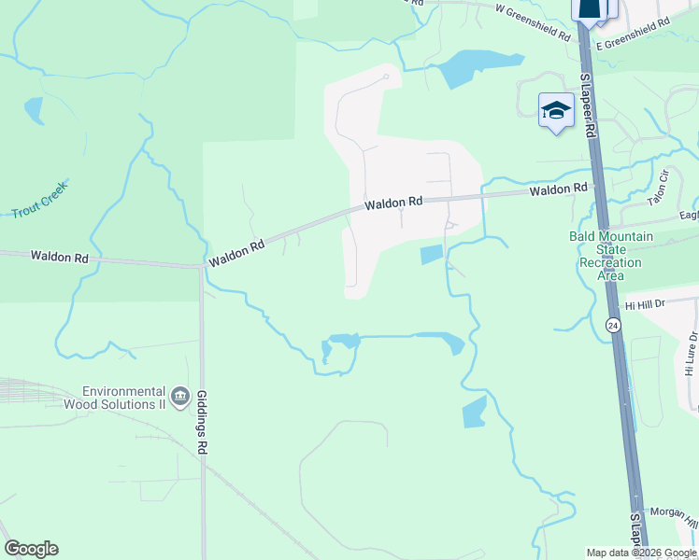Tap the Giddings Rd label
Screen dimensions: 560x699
(201, 422)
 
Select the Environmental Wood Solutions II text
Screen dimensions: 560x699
(123, 398)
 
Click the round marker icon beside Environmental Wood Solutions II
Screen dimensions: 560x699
(180, 397)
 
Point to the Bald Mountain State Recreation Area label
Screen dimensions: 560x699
(610, 256)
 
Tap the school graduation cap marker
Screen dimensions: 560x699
(556, 111)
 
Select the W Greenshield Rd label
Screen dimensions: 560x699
(532, 21)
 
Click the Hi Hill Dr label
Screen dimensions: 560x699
(645, 304)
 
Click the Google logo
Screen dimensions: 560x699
(31, 549)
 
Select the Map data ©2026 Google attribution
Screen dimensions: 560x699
(641, 553)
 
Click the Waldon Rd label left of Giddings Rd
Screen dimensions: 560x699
(59, 256)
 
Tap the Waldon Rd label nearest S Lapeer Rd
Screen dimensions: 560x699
(559, 189)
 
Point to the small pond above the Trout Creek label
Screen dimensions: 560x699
(34, 111)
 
